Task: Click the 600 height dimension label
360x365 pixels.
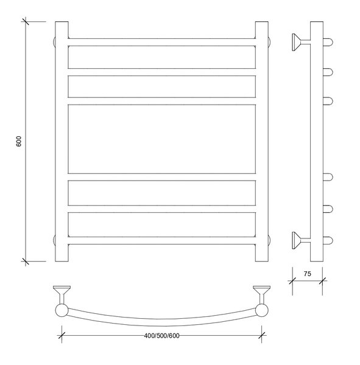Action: tap(19, 141)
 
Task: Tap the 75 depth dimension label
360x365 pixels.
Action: tap(307, 274)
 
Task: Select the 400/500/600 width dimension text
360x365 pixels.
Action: tap(162, 336)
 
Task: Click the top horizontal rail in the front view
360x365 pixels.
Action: tap(162, 42)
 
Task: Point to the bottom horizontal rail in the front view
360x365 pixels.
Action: tap(162, 240)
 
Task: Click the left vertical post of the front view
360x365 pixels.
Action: tap(62, 141)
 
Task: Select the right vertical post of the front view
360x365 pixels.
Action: tap(262, 141)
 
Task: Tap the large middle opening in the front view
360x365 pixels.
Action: tap(162, 139)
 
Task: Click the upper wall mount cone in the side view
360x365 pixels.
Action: tap(296, 42)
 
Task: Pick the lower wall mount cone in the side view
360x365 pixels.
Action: tap(296, 240)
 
